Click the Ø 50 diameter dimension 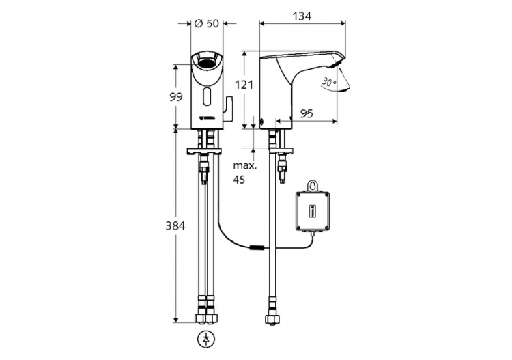pos(205,23)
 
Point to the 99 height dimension pos(176,97)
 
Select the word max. pos(244,166)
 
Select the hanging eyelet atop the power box pos(313,186)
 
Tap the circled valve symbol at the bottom pos(205,337)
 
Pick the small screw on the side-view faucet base pos(263,123)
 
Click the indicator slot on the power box pos(313,211)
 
